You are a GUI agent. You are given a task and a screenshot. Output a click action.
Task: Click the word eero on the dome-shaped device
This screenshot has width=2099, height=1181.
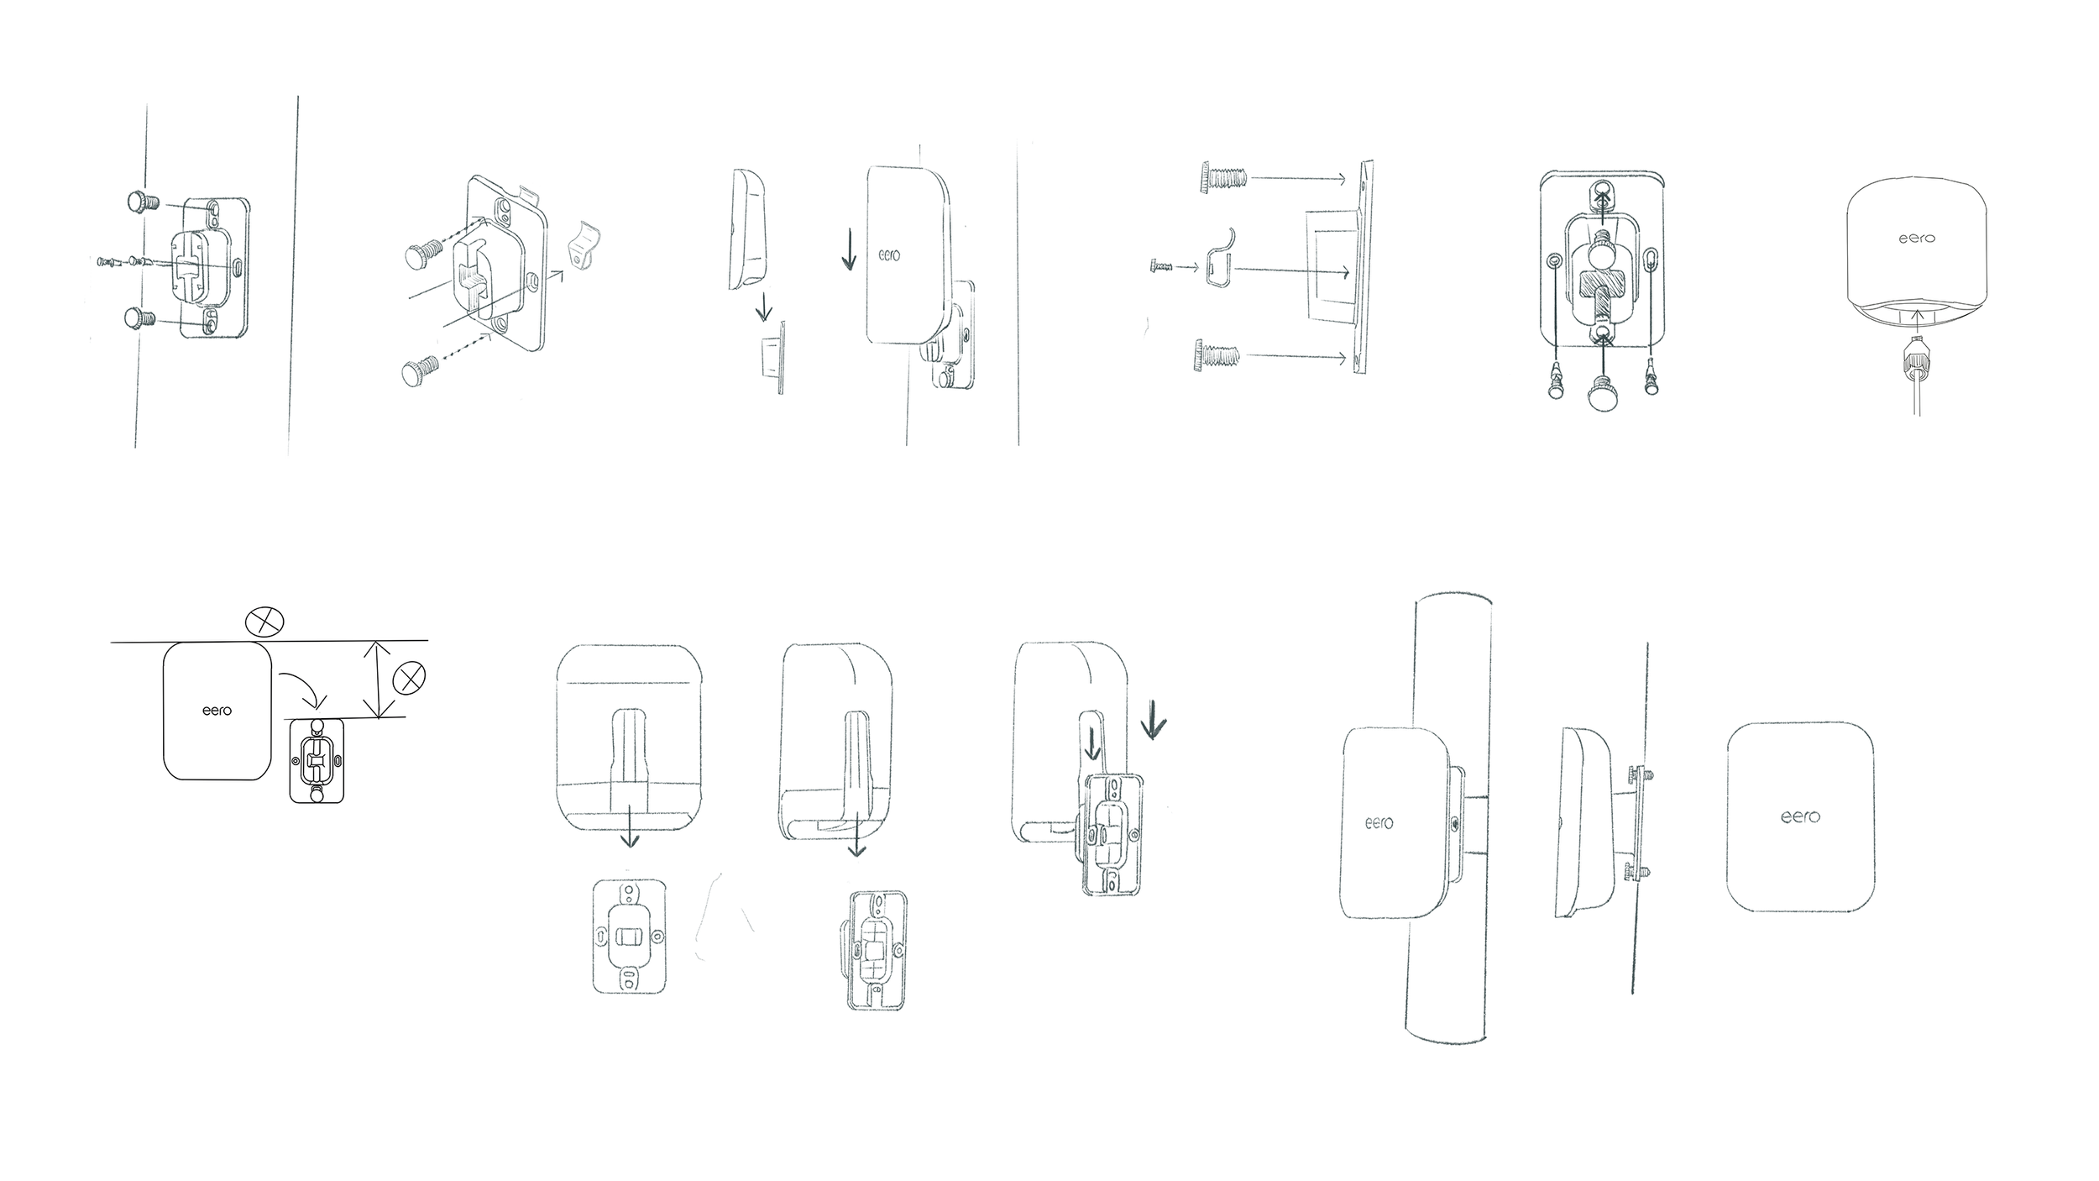pos(1917,239)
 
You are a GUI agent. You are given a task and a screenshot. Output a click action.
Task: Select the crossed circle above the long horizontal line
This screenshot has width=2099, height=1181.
pos(264,622)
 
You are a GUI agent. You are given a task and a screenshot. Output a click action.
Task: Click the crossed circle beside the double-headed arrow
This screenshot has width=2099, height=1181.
pos(409,678)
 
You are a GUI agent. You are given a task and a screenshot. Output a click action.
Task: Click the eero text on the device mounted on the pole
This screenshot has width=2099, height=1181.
pos(1379,822)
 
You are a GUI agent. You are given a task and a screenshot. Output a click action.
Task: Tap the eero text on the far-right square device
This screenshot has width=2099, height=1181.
pos(1800,816)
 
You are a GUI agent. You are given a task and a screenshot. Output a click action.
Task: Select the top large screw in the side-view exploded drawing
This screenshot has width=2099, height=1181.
pos(1219,178)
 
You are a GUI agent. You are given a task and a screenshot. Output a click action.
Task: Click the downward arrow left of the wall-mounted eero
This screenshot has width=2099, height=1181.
pos(849,250)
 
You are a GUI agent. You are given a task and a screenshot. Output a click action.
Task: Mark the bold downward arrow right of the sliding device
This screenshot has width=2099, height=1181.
pos(1154,721)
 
